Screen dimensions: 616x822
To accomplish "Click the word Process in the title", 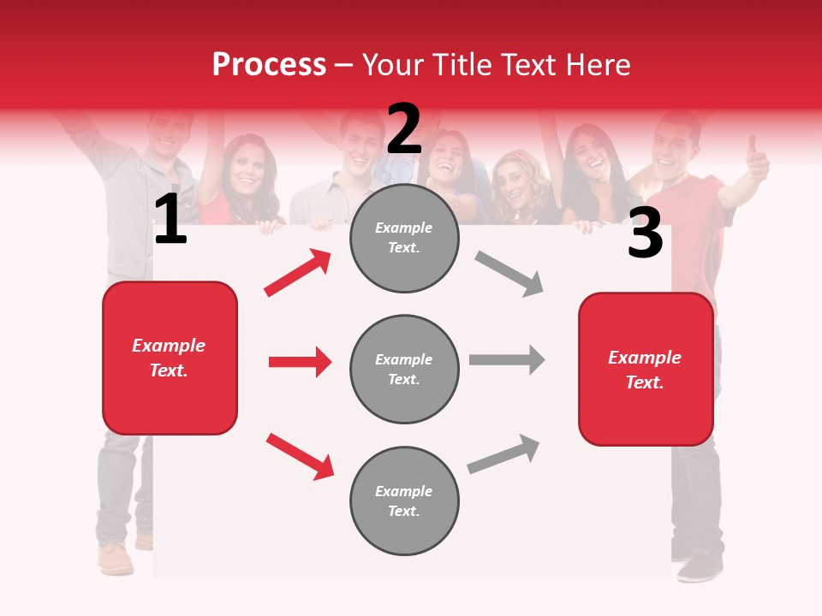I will coord(269,65).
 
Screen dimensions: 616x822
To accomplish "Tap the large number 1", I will coord(170,220).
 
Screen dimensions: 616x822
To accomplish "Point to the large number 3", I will coord(645,233).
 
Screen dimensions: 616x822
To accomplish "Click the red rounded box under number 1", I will coord(170,358).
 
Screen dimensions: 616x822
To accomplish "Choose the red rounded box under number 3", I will coord(646,369).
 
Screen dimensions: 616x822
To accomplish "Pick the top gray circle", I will coord(404,238).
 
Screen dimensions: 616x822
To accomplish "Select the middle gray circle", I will coord(404,369).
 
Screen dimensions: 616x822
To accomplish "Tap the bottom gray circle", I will coord(404,500).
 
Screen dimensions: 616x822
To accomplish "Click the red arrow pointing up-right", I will coord(297,273).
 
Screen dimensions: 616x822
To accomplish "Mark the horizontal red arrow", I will coord(300,362).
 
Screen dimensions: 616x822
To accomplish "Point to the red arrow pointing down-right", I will coord(300,456).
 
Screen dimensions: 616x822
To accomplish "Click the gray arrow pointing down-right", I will coord(509,273).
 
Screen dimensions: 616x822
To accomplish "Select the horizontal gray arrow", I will coord(506,359).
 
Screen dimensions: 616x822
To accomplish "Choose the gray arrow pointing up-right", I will coord(503,454).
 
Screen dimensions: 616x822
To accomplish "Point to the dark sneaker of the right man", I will coord(701,566).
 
